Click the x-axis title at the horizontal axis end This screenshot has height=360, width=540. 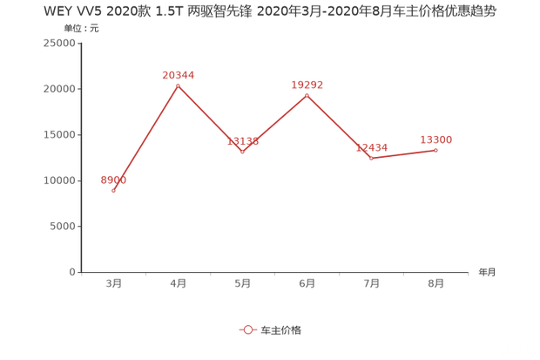tap(486, 272)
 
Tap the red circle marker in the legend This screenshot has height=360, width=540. tap(248, 330)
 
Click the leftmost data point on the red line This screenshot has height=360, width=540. tap(114, 190)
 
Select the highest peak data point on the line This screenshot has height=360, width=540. tap(178, 85)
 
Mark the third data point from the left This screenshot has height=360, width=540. tap(243, 152)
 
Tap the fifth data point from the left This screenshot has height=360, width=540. tap(371, 158)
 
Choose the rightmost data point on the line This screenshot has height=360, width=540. tap(435, 150)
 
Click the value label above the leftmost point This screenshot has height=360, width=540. tap(113, 180)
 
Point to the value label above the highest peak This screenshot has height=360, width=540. tap(178, 75)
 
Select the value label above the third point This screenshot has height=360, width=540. tap(243, 141)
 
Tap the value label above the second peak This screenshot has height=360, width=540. tap(307, 85)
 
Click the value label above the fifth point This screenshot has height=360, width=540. tap(372, 147)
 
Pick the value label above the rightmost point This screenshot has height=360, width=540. tap(436, 139)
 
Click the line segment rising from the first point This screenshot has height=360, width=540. tap(145, 138)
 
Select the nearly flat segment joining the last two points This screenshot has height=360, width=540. tap(403, 154)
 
